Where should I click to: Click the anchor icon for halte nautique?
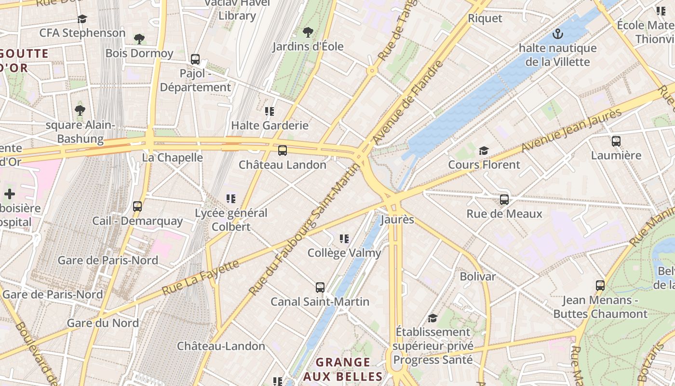[x=557, y=34]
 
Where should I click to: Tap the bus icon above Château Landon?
[x=283, y=151]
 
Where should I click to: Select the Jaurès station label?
[x=397, y=220]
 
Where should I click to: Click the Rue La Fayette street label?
[x=201, y=277]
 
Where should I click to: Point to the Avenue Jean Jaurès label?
[x=572, y=130]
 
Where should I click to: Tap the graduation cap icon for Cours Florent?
[x=484, y=151]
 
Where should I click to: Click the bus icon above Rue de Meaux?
[x=504, y=199]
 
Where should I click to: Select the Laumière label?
[x=616, y=155]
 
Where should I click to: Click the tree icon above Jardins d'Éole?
[x=308, y=32]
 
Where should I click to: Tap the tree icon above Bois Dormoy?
[x=139, y=39]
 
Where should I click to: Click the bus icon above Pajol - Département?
[x=195, y=59]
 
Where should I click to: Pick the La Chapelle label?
[x=172, y=158]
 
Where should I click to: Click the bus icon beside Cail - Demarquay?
[x=137, y=207]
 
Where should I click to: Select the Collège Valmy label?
[x=344, y=253]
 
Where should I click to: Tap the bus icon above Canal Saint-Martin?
[x=320, y=288]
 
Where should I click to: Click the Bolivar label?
[x=477, y=276]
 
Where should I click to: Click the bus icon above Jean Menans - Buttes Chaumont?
[x=600, y=286]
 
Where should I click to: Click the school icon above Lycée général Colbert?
[x=231, y=198]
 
